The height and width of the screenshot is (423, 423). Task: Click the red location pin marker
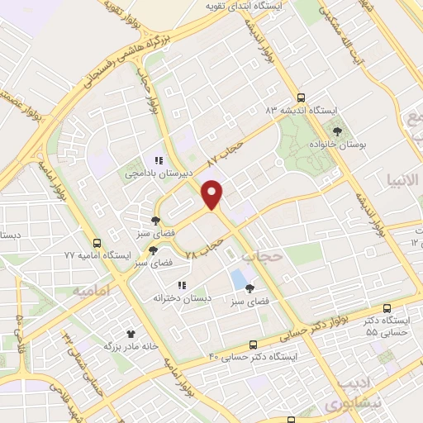(213, 195)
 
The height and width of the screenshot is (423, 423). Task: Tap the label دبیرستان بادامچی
(154, 173)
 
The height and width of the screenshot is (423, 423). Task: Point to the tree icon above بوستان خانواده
(336, 131)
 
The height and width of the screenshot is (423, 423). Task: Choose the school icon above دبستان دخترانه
(181, 285)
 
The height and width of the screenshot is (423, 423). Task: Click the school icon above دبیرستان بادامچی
(158, 160)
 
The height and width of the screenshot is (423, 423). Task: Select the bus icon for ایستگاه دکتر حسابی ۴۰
(253, 345)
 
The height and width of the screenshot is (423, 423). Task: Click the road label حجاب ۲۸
(206, 246)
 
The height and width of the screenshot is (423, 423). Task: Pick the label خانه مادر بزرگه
(130, 347)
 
